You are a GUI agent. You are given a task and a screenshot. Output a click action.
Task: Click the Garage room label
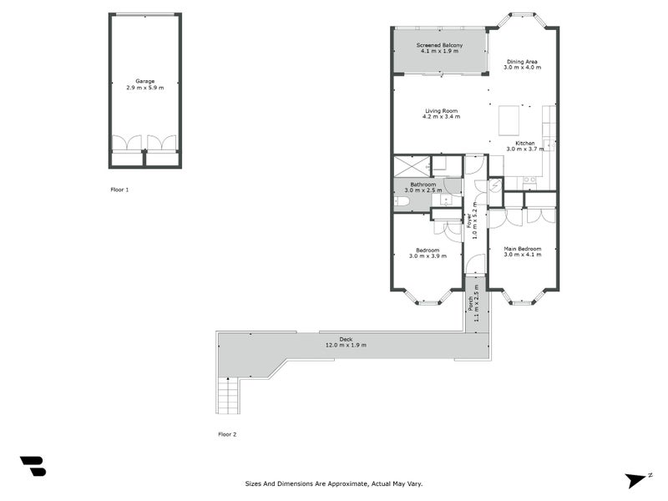tap(144, 81)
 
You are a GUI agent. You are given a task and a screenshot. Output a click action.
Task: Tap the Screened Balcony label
tap(439, 45)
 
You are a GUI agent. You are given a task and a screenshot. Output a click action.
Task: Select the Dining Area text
tap(524, 62)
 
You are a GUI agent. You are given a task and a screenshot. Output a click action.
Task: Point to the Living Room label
tap(441, 110)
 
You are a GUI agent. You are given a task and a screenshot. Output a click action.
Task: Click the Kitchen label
tap(525, 144)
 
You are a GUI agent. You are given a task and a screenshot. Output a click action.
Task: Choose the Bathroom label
tap(423, 185)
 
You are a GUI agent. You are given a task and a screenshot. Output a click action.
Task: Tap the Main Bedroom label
tap(522, 249)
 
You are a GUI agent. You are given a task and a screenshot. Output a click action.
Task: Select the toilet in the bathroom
tap(401, 201)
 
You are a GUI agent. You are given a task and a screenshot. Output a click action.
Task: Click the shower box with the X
tap(412, 165)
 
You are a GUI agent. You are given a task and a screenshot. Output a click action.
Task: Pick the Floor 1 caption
tap(119, 190)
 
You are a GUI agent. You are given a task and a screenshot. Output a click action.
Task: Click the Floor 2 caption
tap(227, 434)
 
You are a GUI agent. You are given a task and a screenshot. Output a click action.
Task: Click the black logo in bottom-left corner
tap(33, 466)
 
